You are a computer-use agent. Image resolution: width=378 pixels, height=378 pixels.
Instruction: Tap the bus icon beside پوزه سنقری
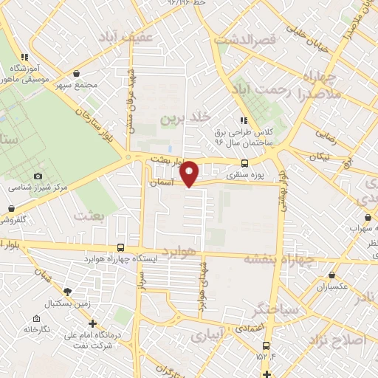click(x=244, y=164)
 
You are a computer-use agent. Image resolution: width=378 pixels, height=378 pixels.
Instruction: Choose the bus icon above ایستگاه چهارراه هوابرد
click(x=120, y=248)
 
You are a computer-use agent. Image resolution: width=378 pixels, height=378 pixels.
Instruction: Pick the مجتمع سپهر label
click(x=77, y=85)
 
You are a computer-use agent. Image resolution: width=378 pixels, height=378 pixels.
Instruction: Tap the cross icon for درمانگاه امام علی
click(x=92, y=323)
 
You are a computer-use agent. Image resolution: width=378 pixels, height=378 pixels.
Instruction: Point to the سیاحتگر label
click(x=275, y=308)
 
